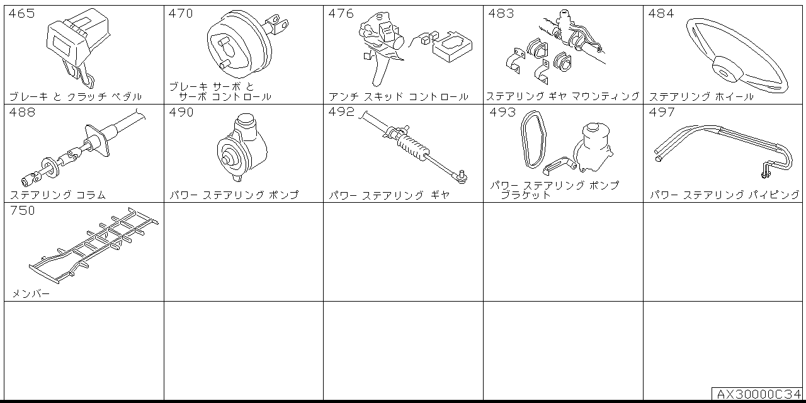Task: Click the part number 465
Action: (x=22, y=14)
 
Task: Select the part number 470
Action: (x=181, y=14)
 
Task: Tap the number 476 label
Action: (x=341, y=14)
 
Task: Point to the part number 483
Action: (x=501, y=14)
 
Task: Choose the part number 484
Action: (x=661, y=14)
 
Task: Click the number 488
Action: (x=22, y=113)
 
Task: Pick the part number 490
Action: (x=181, y=113)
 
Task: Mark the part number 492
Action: (x=341, y=113)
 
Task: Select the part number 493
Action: (x=502, y=113)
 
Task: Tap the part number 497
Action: (x=661, y=113)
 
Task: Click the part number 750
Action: (x=22, y=211)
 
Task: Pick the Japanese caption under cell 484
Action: (x=701, y=97)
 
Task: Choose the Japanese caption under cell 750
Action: (x=30, y=294)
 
